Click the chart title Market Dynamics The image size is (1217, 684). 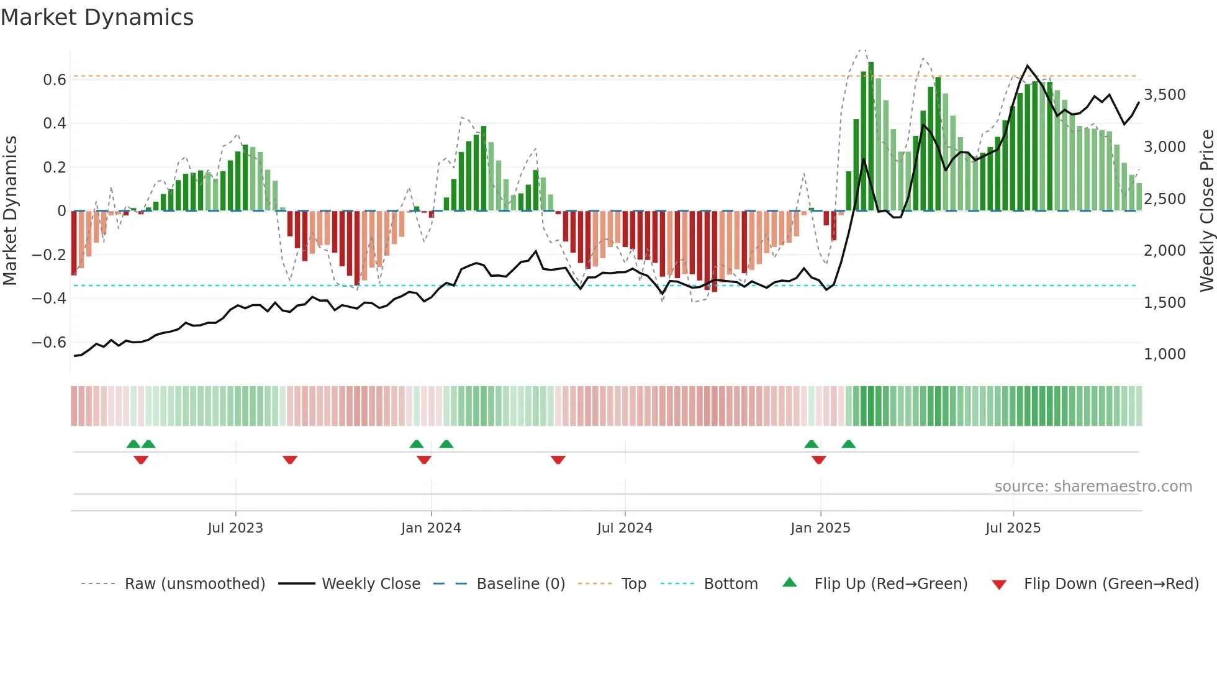97,17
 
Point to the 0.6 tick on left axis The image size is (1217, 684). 54,79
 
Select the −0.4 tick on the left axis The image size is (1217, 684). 49,299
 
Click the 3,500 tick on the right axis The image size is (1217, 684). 1164,95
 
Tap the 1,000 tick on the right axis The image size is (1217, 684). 1164,354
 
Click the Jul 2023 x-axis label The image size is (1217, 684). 235,528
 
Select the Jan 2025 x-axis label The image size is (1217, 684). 820,528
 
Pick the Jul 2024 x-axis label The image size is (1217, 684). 625,528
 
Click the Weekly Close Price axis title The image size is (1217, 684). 1206,210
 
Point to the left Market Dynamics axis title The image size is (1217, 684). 10,210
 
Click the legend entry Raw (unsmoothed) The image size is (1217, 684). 194,584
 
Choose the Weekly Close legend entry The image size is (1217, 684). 371,584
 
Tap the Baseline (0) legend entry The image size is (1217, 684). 520,584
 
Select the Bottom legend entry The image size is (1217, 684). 730,584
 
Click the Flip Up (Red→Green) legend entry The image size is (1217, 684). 890,584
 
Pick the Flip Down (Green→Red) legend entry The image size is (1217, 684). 1111,584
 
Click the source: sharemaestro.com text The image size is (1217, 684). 1093,487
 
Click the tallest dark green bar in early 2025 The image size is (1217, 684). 871,137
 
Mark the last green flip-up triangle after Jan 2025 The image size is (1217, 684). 849,444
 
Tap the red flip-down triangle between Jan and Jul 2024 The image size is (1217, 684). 558,460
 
